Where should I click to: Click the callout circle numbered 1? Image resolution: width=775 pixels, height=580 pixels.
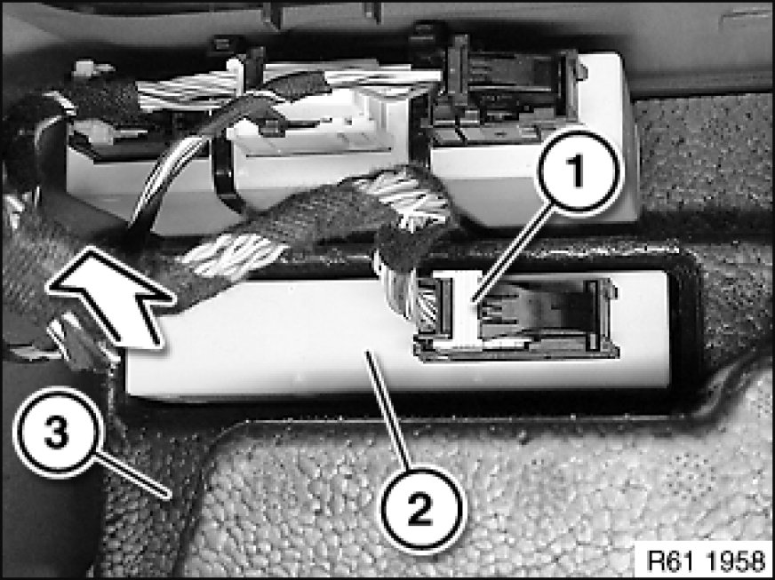pyautogui.click(x=578, y=172)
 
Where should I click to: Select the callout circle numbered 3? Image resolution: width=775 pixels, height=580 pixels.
pyautogui.click(x=59, y=433)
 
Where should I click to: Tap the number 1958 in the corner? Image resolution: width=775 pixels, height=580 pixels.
pyautogui.click(x=734, y=560)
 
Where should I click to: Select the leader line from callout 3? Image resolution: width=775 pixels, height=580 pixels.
pyautogui.click(x=132, y=475)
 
